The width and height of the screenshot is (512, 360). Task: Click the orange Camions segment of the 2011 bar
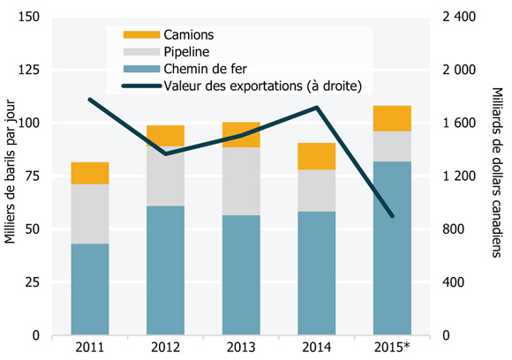point(90,173)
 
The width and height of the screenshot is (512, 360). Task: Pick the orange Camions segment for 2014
point(316,156)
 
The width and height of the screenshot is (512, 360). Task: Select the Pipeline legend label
point(187,52)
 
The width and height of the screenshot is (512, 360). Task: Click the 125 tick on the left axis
point(30,70)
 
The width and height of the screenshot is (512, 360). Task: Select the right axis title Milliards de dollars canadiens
point(500,176)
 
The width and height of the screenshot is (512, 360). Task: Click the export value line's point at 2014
point(316,108)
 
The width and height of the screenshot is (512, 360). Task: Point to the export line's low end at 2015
point(392,216)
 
